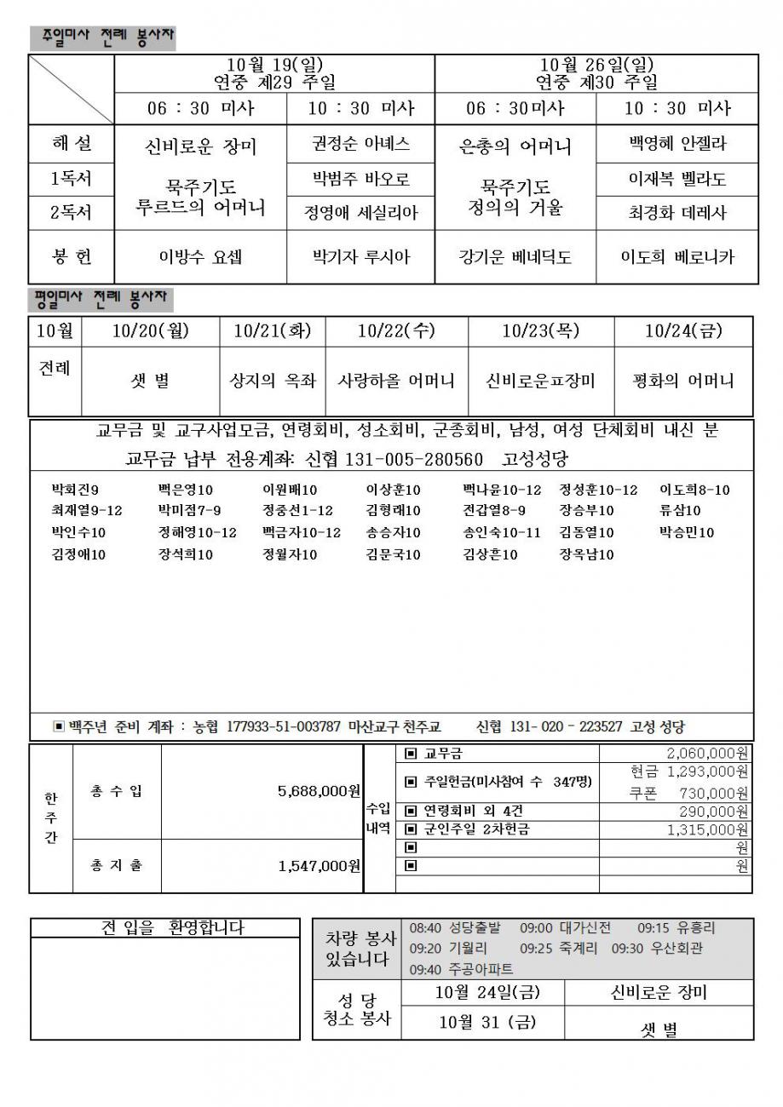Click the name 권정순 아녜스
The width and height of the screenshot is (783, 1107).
click(x=360, y=143)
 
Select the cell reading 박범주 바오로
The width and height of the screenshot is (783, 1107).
click(x=360, y=179)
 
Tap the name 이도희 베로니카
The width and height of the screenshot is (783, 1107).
click(x=677, y=256)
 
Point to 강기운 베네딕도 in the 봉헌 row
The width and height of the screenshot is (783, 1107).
click(x=515, y=256)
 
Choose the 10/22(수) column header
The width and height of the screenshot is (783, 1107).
click(x=396, y=330)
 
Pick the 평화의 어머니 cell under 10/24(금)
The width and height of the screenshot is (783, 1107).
click(x=684, y=381)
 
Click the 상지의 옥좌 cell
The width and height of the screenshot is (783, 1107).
click(x=273, y=381)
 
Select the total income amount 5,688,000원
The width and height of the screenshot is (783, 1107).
click(x=319, y=791)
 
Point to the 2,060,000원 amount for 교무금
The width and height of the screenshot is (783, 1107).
click(x=706, y=753)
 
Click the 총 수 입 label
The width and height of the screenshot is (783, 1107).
click(x=117, y=791)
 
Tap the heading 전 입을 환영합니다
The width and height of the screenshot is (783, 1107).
click(x=171, y=927)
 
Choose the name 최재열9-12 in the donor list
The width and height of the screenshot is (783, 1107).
click(x=86, y=510)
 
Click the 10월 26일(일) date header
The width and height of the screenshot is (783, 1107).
click(x=596, y=65)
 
